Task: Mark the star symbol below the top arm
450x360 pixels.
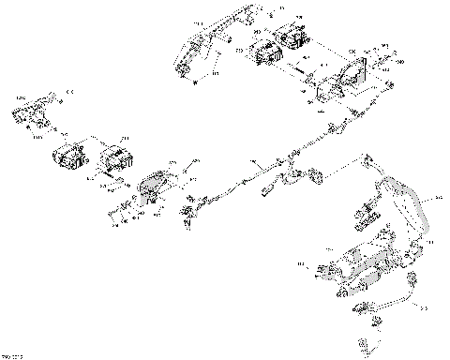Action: point(194,84)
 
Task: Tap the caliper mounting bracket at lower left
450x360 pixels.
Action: point(152,187)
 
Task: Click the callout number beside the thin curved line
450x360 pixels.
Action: point(423,306)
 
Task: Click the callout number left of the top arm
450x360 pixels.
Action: point(199,22)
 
